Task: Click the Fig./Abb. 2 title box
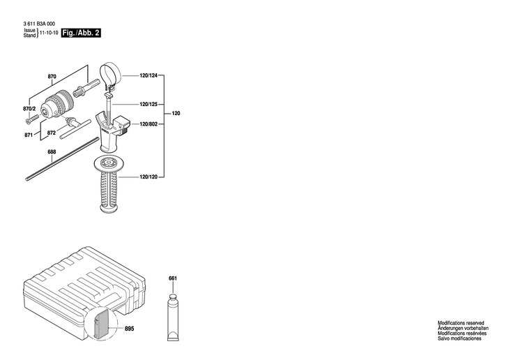tap(80, 33)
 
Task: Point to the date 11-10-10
tap(49, 33)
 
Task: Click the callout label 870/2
tap(29, 110)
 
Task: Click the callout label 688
tap(52, 151)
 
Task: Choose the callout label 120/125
tap(149, 105)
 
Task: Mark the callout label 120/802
tap(149, 124)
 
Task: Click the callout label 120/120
tap(149, 177)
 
